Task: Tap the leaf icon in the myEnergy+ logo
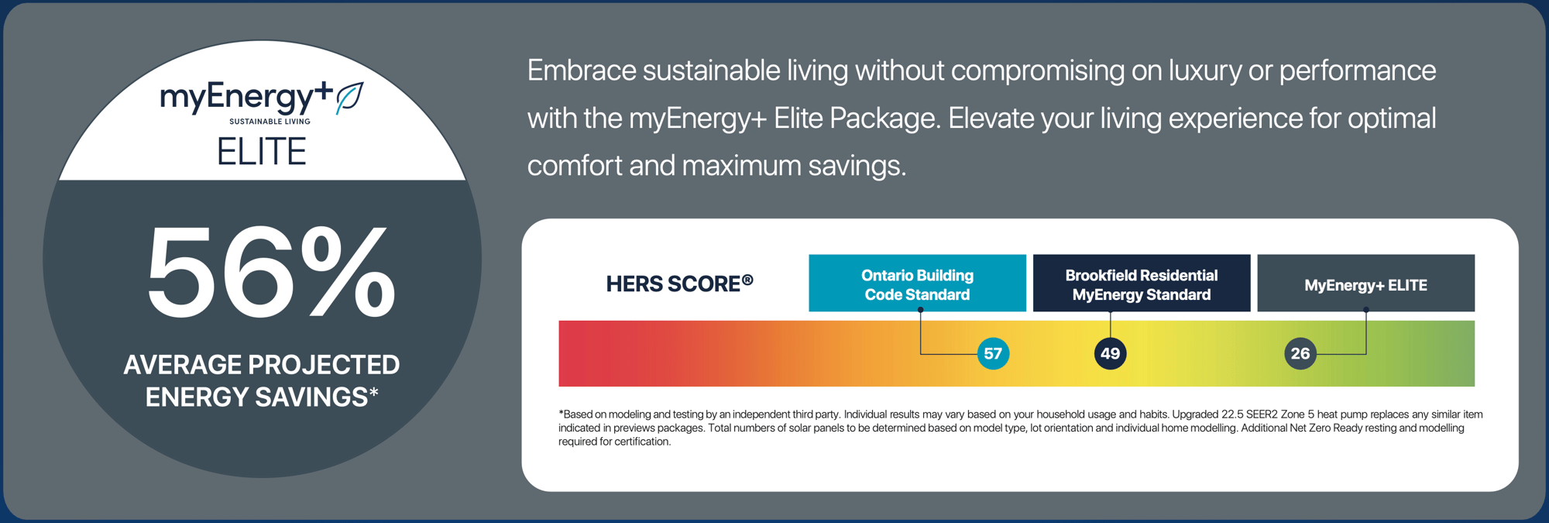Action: tap(349, 98)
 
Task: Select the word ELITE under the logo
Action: tap(262, 152)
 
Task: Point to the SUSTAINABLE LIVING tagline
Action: tap(270, 122)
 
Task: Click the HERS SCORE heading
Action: tap(672, 284)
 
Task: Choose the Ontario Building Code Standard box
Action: tap(917, 284)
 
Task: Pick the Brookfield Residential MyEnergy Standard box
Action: tap(1141, 284)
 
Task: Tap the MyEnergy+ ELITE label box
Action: tap(1365, 284)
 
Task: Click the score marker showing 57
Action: tap(993, 354)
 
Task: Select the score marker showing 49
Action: tap(1110, 354)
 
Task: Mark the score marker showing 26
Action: tap(1300, 354)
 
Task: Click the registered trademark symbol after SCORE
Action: tap(747, 279)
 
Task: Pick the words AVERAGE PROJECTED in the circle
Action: tap(262, 365)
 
